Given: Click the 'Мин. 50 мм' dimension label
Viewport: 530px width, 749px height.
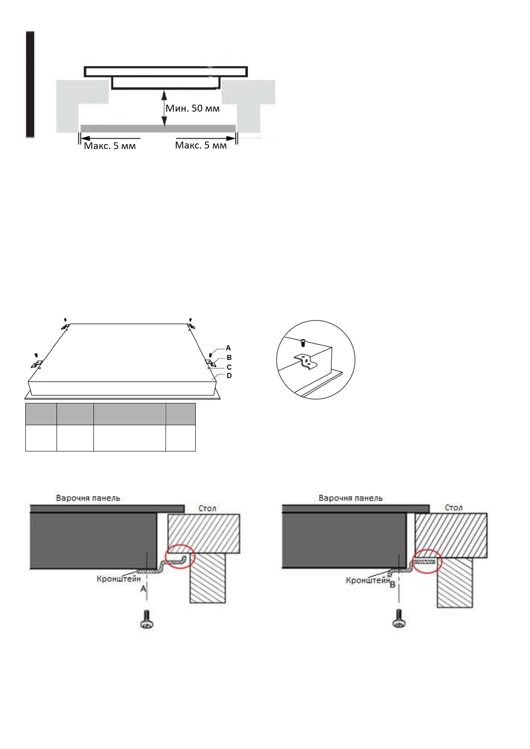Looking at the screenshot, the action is (x=193, y=109).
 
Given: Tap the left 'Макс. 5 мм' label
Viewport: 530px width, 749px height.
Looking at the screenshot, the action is (x=110, y=146).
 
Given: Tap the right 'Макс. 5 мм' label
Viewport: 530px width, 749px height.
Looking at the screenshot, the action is (x=201, y=145).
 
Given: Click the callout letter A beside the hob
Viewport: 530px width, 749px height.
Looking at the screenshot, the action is (x=229, y=348).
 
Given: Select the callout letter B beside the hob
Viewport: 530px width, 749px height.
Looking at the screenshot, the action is (x=229, y=358).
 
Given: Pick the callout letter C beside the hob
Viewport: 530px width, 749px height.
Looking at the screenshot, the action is (x=229, y=367).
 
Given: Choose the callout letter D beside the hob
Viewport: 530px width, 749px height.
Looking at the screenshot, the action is (x=229, y=376).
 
